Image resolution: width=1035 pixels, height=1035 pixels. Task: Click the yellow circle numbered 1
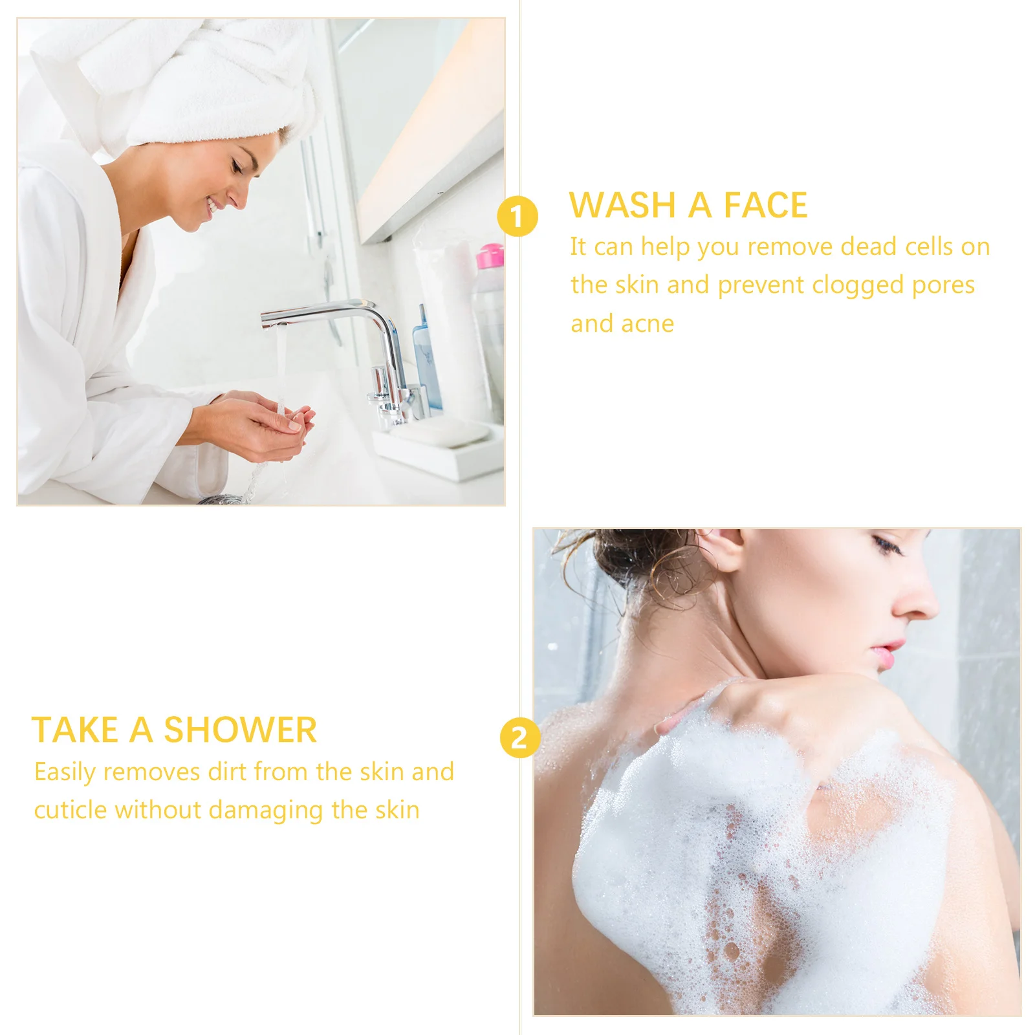pos(517,216)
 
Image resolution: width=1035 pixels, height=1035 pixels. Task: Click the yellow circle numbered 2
pos(519,737)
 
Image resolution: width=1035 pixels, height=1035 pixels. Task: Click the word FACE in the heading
pos(765,206)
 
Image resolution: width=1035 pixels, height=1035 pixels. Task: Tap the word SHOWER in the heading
pos(240,730)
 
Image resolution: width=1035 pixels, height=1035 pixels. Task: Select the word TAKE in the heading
pos(75,730)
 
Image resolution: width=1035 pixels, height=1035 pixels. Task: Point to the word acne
pos(648,324)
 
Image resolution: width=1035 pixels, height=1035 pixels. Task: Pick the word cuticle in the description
pos(70,810)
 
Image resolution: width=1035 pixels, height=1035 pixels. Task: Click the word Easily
pos(65,772)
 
